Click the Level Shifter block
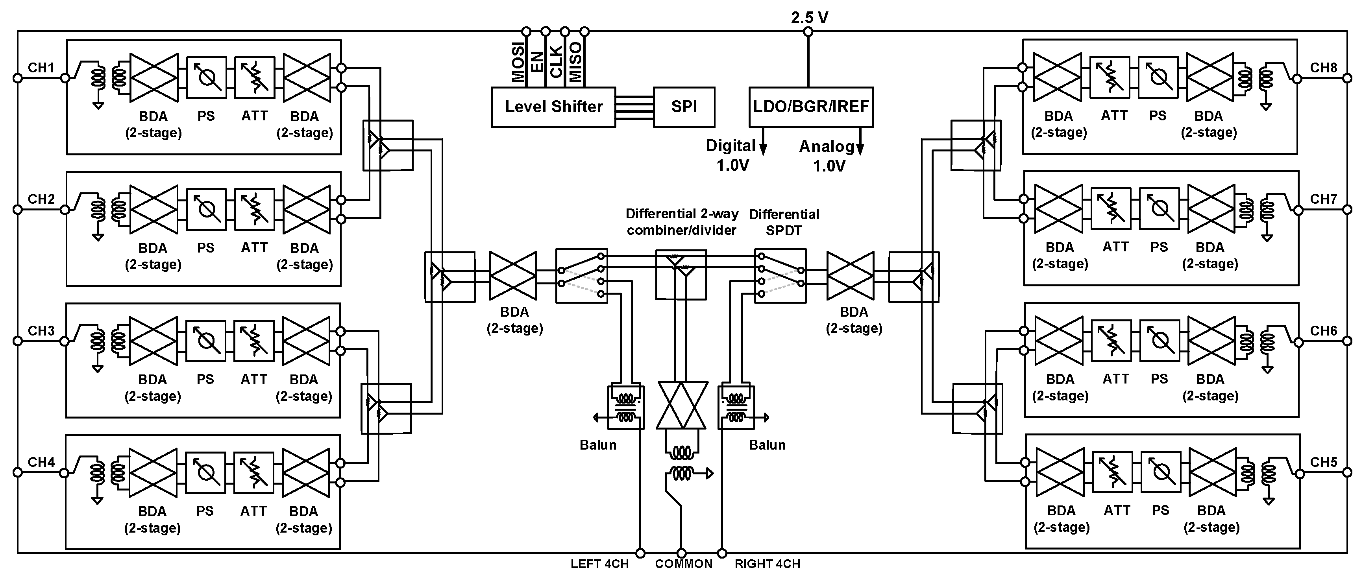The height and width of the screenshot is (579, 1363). tap(553, 107)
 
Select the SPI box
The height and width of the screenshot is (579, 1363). tap(684, 107)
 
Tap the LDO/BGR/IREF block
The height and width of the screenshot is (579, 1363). tap(811, 107)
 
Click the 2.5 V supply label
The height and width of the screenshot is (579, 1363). tap(810, 17)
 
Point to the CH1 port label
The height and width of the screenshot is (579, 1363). tap(41, 68)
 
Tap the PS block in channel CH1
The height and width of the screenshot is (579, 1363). tap(206, 78)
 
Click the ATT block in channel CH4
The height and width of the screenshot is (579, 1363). tap(254, 472)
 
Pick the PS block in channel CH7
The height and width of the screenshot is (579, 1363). tap(1159, 208)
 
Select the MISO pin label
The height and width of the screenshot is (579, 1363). tap(576, 63)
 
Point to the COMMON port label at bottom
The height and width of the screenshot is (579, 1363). tap(684, 564)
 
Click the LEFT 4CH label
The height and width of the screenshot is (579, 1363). tap(599, 564)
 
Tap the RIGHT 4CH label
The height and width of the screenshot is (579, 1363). tap(767, 564)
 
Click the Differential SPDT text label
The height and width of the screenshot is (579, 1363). tap(784, 222)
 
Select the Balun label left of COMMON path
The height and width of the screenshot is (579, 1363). tap(598, 445)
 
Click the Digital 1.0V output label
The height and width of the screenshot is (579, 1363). tap(731, 155)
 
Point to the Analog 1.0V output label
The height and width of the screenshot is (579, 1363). tap(828, 156)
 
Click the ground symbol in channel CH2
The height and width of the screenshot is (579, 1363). tap(98, 238)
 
